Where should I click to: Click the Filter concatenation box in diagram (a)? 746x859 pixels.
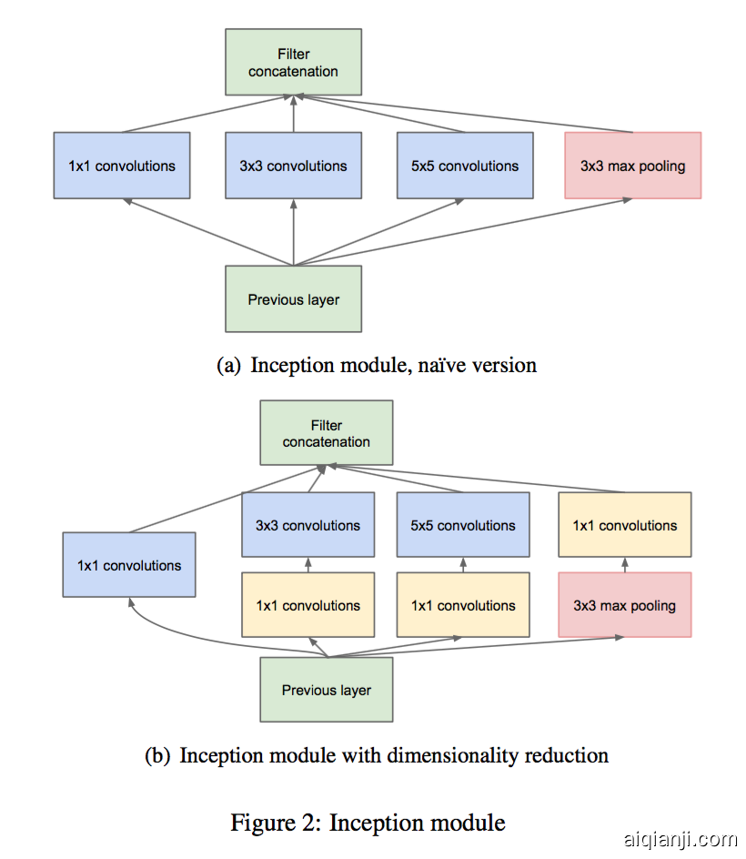click(x=293, y=63)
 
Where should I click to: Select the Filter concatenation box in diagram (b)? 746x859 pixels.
click(x=327, y=433)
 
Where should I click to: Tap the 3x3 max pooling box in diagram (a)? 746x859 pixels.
click(x=633, y=166)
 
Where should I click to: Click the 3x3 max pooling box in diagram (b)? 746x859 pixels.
click(x=625, y=605)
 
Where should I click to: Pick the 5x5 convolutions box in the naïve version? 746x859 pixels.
click(x=464, y=166)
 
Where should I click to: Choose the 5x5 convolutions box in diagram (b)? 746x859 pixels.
click(x=463, y=525)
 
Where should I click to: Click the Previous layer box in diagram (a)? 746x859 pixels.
click(x=293, y=299)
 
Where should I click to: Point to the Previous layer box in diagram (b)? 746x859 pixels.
click(x=327, y=690)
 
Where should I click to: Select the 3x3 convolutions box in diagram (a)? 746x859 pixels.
click(x=293, y=166)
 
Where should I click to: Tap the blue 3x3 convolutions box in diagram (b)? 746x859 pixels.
click(x=307, y=525)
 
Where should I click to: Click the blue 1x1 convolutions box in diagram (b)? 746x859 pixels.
click(x=129, y=565)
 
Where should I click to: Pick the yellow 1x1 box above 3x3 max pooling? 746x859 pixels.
click(x=625, y=525)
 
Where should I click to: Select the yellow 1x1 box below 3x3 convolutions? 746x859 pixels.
click(x=307, y=605)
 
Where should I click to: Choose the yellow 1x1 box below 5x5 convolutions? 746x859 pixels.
click(x=463, y=605)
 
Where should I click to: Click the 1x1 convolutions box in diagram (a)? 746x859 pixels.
click(x=122, y=166)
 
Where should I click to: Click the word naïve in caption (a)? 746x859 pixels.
click(x=437, y=366)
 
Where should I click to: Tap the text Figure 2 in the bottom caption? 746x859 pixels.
click(x=274, y=824)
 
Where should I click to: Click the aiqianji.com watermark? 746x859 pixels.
click(x=680, y=839)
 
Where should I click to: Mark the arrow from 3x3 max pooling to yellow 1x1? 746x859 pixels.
click(x=625, y=564)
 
